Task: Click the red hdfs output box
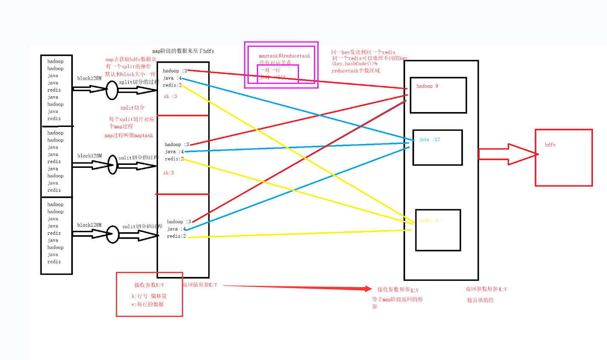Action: click(564, 158)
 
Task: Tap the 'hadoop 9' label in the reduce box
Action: click(427, 86)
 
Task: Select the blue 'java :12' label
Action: click(429, 139)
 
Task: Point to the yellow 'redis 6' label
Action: click(429, 221)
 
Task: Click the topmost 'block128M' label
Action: click(89, 78)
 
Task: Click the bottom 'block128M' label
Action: click(89, 225)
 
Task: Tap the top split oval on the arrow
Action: click(112, 90)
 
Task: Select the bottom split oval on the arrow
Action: click(112, 234)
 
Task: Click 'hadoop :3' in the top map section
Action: click(175, 71)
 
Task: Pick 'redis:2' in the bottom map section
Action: click(176, 236)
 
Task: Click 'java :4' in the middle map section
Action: click(175, 152)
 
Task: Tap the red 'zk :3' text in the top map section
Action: click(170, 97)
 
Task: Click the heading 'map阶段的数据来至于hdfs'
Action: click(183, 51)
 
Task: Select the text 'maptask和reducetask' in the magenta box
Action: click(285, 56)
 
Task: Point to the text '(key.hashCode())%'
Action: click(354, 64)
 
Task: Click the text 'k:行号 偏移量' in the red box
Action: click(149, 296)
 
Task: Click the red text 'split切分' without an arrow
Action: click(132, 108)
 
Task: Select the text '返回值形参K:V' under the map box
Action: click(200, 285)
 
